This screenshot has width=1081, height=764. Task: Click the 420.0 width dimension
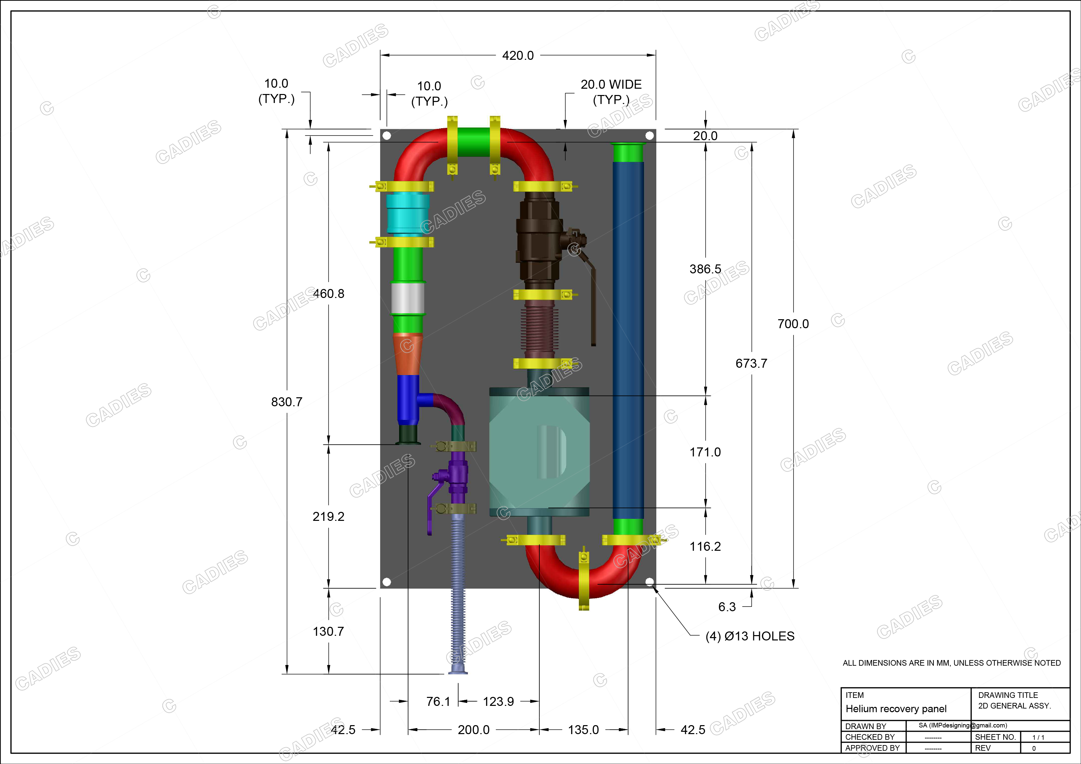click(517, 55)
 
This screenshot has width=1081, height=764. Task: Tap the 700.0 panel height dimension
click(793, 324)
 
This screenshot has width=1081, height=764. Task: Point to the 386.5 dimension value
click(705, 269)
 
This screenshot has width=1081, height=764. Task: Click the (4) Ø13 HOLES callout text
click(750, 636)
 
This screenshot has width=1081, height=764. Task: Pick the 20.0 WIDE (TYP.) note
click(611, 92)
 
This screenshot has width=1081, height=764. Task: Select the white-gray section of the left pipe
click(407, 298)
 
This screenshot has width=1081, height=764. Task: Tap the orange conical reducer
click(407, 354)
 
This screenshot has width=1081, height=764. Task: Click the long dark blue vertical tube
click(628, 339)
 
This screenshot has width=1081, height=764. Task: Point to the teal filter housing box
click(539, 452)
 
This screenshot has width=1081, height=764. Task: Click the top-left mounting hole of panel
click(386, 136)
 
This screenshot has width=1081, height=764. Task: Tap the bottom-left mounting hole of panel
click(386, 582)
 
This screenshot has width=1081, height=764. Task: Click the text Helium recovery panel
click(896, 709)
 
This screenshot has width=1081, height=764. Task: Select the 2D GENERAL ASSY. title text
click(1014, 706)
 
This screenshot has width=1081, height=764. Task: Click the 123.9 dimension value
click(498, 702)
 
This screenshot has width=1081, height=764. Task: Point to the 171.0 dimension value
click(705, 452)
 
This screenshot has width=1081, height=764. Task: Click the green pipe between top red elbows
click(473, 142)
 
